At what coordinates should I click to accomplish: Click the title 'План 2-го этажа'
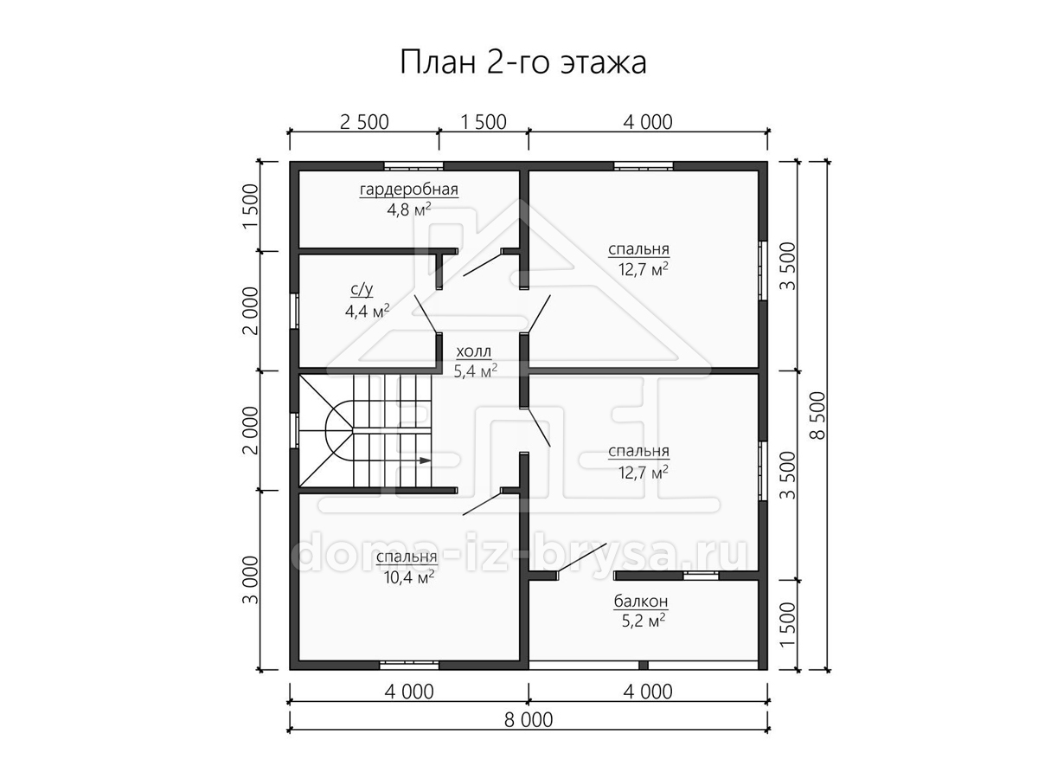523,63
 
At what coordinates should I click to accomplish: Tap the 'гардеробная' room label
409,190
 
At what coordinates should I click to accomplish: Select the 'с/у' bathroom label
362,290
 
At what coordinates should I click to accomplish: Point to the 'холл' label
474,352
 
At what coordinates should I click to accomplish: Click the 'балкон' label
641,602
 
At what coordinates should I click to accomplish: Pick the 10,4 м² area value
409,577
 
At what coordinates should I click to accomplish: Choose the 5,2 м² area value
644,621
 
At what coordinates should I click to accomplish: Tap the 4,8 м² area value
409,209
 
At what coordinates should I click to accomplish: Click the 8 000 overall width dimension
529,720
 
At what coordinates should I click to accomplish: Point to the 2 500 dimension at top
364,122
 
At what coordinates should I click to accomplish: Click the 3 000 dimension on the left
251,580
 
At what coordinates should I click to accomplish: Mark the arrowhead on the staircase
425,460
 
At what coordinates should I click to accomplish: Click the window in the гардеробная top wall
413,166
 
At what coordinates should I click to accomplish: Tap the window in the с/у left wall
294,312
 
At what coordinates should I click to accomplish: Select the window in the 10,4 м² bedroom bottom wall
409,666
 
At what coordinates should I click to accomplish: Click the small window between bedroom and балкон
701,576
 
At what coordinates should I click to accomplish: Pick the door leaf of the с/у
426,314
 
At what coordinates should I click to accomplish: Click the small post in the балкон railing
644,666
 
